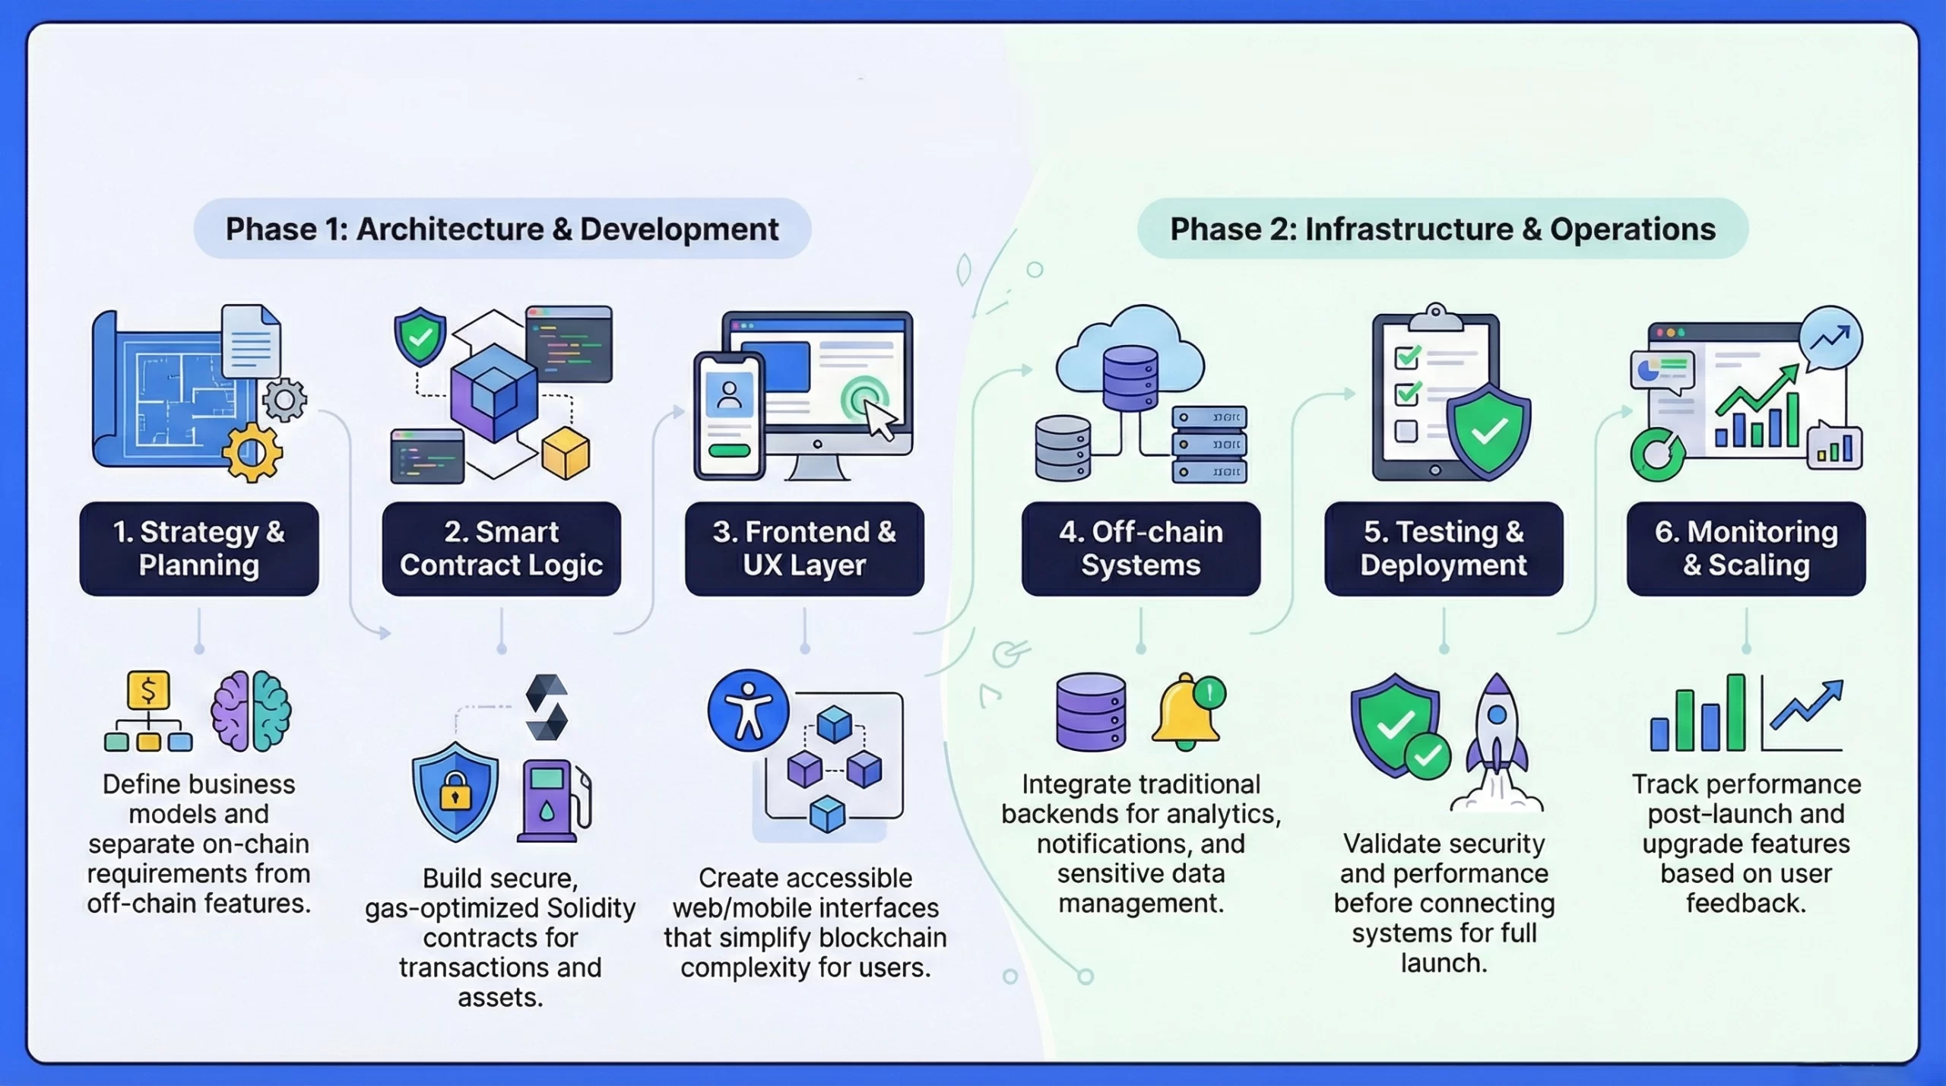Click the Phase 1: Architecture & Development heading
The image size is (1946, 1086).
502,229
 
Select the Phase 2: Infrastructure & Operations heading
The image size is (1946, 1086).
1442,229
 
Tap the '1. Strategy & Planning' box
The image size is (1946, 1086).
199,548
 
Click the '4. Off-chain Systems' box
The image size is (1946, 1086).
1140,548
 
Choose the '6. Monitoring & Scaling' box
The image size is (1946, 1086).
1745,548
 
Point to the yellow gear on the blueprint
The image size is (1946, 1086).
252,453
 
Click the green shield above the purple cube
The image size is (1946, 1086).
420,337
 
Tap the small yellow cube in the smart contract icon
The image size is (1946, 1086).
566,453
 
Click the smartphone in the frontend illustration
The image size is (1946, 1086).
728,416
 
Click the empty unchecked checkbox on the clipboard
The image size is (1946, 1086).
1406,431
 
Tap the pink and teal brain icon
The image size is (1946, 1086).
251,711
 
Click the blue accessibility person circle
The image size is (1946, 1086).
748,711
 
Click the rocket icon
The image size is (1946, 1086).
1497,741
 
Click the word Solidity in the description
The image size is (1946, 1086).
591,907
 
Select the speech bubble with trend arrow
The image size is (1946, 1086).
1830,338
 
